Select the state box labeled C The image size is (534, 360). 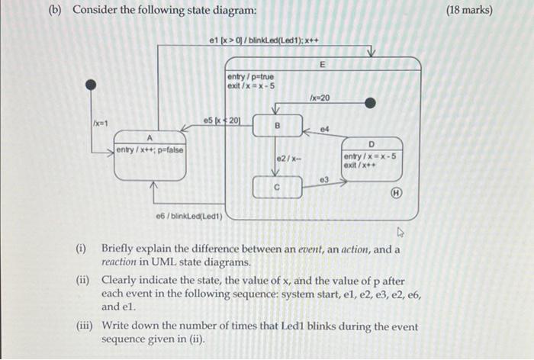click(x=278, y=186)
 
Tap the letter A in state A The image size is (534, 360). click(x=150, y=137)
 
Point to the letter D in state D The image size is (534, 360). click(x=372, y=144)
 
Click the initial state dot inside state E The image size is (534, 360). click(x=370, y=103)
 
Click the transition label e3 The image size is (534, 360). click(x=323, y=178)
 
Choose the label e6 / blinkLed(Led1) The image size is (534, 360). click(x=188, y=216)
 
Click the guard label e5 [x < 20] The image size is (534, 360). click(x=222, y=120)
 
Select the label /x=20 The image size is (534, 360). click(x=320, y=98)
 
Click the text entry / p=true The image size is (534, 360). click(x=250, y=77)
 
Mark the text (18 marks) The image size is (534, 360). click(x=470, y=10)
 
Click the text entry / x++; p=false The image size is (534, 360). click(x=150, y=149)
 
